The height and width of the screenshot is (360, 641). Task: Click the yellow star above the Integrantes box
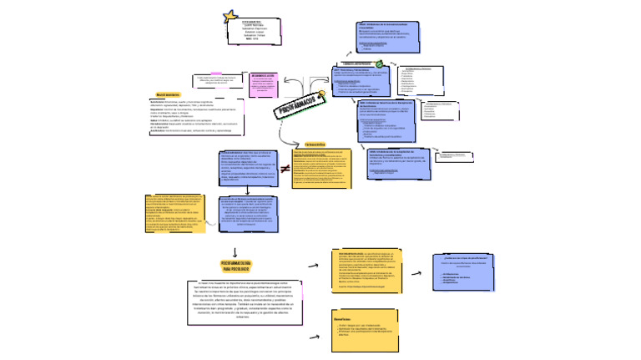(231, 15)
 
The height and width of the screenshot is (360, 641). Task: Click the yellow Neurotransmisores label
(169, 94)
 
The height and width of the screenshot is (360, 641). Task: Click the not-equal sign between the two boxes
(285, 170)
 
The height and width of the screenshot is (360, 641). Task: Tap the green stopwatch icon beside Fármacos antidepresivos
(379, 63)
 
